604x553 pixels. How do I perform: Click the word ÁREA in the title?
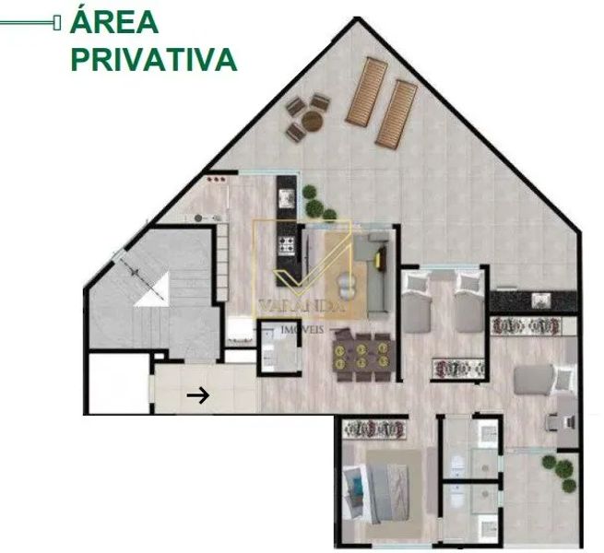click(114, 21)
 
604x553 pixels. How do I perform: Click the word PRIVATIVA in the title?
click(154, 60)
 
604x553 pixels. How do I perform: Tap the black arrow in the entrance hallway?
click(198, 395)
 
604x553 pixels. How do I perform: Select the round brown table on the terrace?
click(312, 120)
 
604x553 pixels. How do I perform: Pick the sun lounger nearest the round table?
click(367, 91)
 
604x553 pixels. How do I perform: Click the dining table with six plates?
click(365, 356)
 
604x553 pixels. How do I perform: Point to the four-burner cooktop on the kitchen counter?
click(286, 246)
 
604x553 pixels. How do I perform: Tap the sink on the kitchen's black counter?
click(287, 197)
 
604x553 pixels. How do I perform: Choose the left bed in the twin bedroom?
click(416, 301)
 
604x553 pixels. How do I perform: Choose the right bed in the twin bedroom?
click(469, 301)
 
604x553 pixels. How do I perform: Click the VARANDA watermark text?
click(302, 305)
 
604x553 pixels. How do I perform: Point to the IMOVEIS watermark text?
click(302, 330)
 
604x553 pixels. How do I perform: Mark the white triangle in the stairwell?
click(152, 289)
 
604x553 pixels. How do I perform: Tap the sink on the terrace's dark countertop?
click(541, 300)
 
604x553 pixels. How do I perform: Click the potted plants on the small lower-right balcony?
click(560, 472)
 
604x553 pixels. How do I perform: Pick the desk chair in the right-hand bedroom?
click(555, 422)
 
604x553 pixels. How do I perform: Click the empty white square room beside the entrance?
click(119, 382)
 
